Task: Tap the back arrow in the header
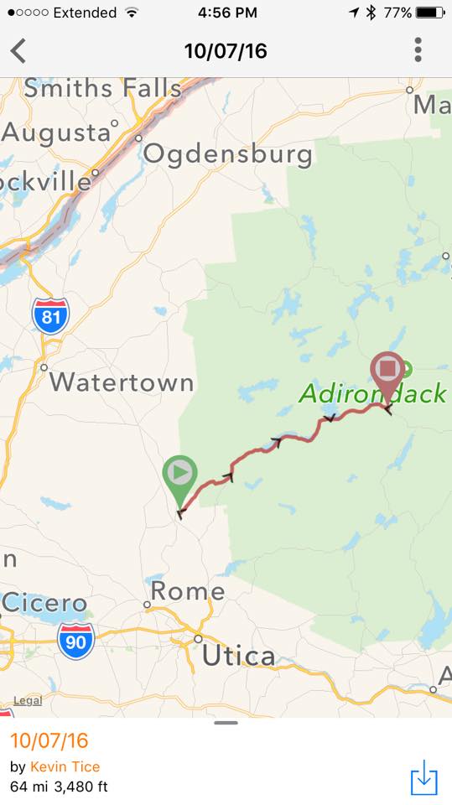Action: pos(18,51)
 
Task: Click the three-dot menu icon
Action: pos(418,50)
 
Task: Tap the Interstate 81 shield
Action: pos(50,314)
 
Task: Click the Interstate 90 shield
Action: pos(75,640)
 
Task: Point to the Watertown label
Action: pos(122,382)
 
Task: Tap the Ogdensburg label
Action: pos(228,154)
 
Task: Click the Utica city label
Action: pos(238,655)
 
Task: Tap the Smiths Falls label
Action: pos(102,88)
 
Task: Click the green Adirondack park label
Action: pos(373,393)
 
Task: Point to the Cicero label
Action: pos(44,602)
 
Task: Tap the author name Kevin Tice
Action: pos(65,766)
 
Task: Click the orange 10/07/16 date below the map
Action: pos(49,740)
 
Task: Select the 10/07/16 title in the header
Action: pos(226,51)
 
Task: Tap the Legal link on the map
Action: pos(27,700)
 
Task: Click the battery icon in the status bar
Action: pos(430,13)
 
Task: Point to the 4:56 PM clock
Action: pos(227,13)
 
